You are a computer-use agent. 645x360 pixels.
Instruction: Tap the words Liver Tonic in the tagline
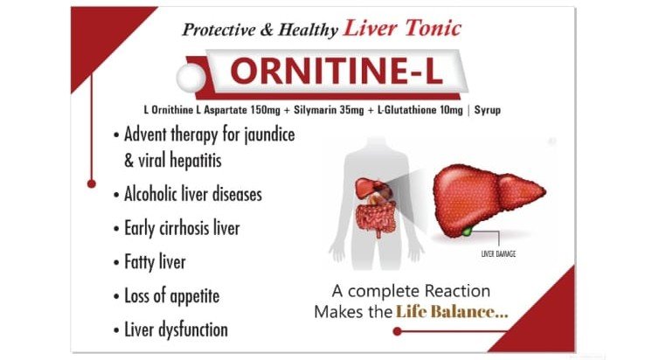[402, 28]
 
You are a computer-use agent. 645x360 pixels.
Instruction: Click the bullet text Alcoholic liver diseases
[192, 194]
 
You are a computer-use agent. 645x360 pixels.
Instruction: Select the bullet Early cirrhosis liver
[181, 228]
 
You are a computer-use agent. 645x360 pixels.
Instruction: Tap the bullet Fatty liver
[155, 261]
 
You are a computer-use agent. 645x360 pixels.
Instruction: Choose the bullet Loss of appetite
[171, 295]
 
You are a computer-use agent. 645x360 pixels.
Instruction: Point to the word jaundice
[263, 136]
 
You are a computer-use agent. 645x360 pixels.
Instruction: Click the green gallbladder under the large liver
[469, 231]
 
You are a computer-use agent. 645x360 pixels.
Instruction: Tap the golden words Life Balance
[451, 311]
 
